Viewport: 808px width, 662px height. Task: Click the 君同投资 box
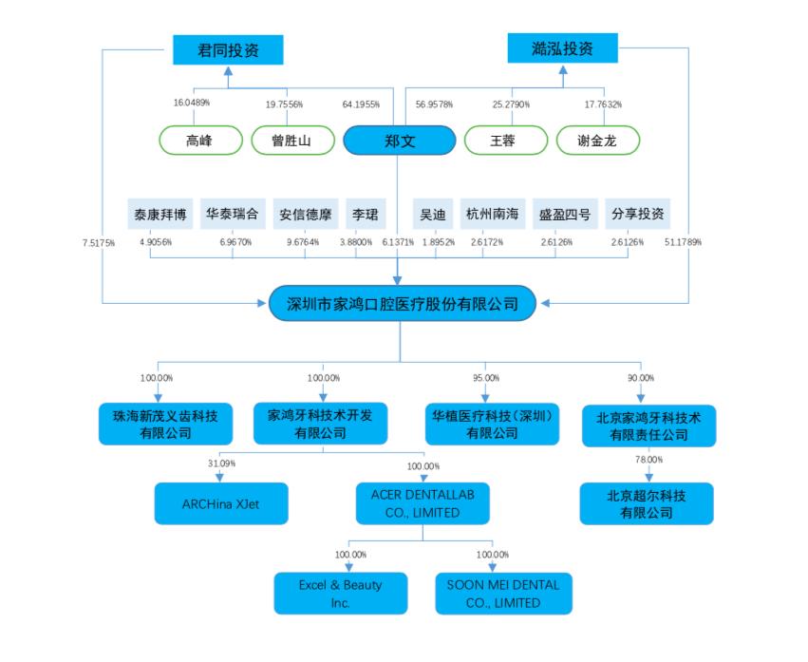(x=228, y=49)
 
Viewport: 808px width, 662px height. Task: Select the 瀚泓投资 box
(x=562, y=48)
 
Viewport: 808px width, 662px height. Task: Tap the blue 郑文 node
(x=398, y=142)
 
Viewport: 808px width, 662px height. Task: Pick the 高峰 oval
(x=199, y=142)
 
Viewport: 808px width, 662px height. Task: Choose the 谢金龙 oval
(x=597, y=142)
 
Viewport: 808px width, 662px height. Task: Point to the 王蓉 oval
(x=505, y=142)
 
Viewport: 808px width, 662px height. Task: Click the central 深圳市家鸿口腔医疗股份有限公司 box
(x=403, y=304)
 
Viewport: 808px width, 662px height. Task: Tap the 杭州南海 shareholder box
(x=492, y=214)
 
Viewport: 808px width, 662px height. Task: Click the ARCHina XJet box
(x=220, y=504)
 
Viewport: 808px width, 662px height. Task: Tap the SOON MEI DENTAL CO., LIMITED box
(x=503, y=594)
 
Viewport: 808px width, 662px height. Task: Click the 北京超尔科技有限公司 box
(x=647, y=503)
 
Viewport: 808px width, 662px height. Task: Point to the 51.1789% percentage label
(x=684, y=242)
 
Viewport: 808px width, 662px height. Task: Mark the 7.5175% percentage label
(x=99, y=242)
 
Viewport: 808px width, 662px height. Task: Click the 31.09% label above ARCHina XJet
(x=222, y=463)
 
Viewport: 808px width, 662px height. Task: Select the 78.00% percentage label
(x=648, y=460)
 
